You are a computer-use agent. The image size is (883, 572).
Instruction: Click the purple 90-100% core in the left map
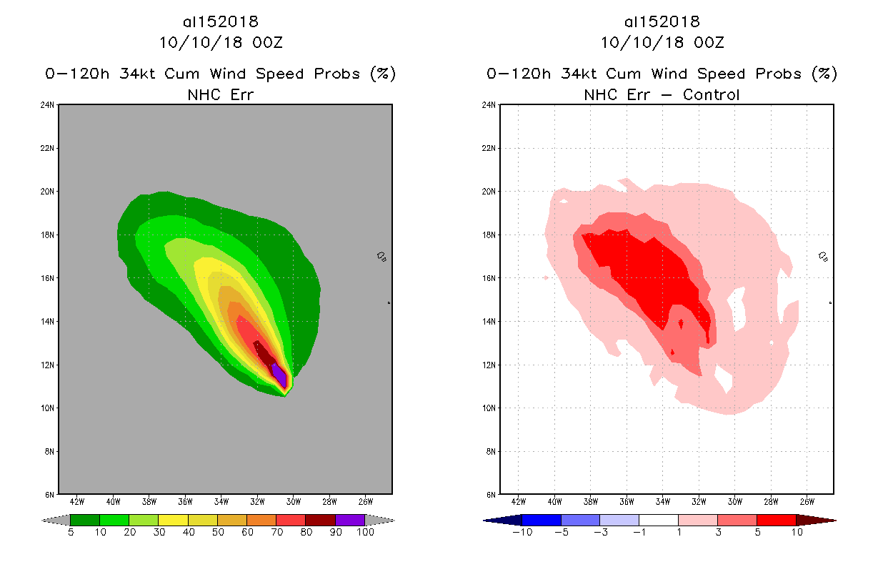279,374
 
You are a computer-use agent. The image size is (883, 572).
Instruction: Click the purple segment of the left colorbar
350,520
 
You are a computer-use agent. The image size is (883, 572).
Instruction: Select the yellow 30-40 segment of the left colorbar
173,520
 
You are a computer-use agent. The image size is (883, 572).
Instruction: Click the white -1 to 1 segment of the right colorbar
658,520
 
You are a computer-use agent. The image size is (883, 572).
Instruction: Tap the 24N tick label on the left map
49,105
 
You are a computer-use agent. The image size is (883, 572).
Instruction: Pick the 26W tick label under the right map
807,501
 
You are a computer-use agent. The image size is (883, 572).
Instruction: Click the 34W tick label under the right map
662,501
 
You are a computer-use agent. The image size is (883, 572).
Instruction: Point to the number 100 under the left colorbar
365,532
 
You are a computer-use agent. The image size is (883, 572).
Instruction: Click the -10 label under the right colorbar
522,532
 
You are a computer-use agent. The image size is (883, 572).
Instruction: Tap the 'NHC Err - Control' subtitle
662,94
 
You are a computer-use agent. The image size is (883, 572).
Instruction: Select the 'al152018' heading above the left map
221,21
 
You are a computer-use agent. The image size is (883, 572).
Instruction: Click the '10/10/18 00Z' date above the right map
662,42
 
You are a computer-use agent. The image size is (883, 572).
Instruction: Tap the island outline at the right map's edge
823,256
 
